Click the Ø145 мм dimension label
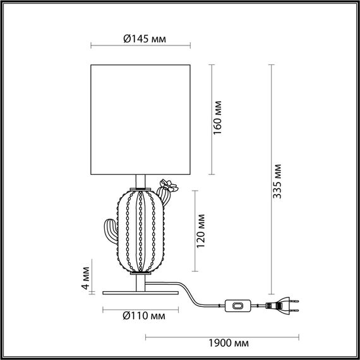coord(141,39)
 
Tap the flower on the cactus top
coord(168,186)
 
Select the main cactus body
coord(141,231)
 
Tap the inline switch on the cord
coord(238,306)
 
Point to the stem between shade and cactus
coord(141,183)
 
